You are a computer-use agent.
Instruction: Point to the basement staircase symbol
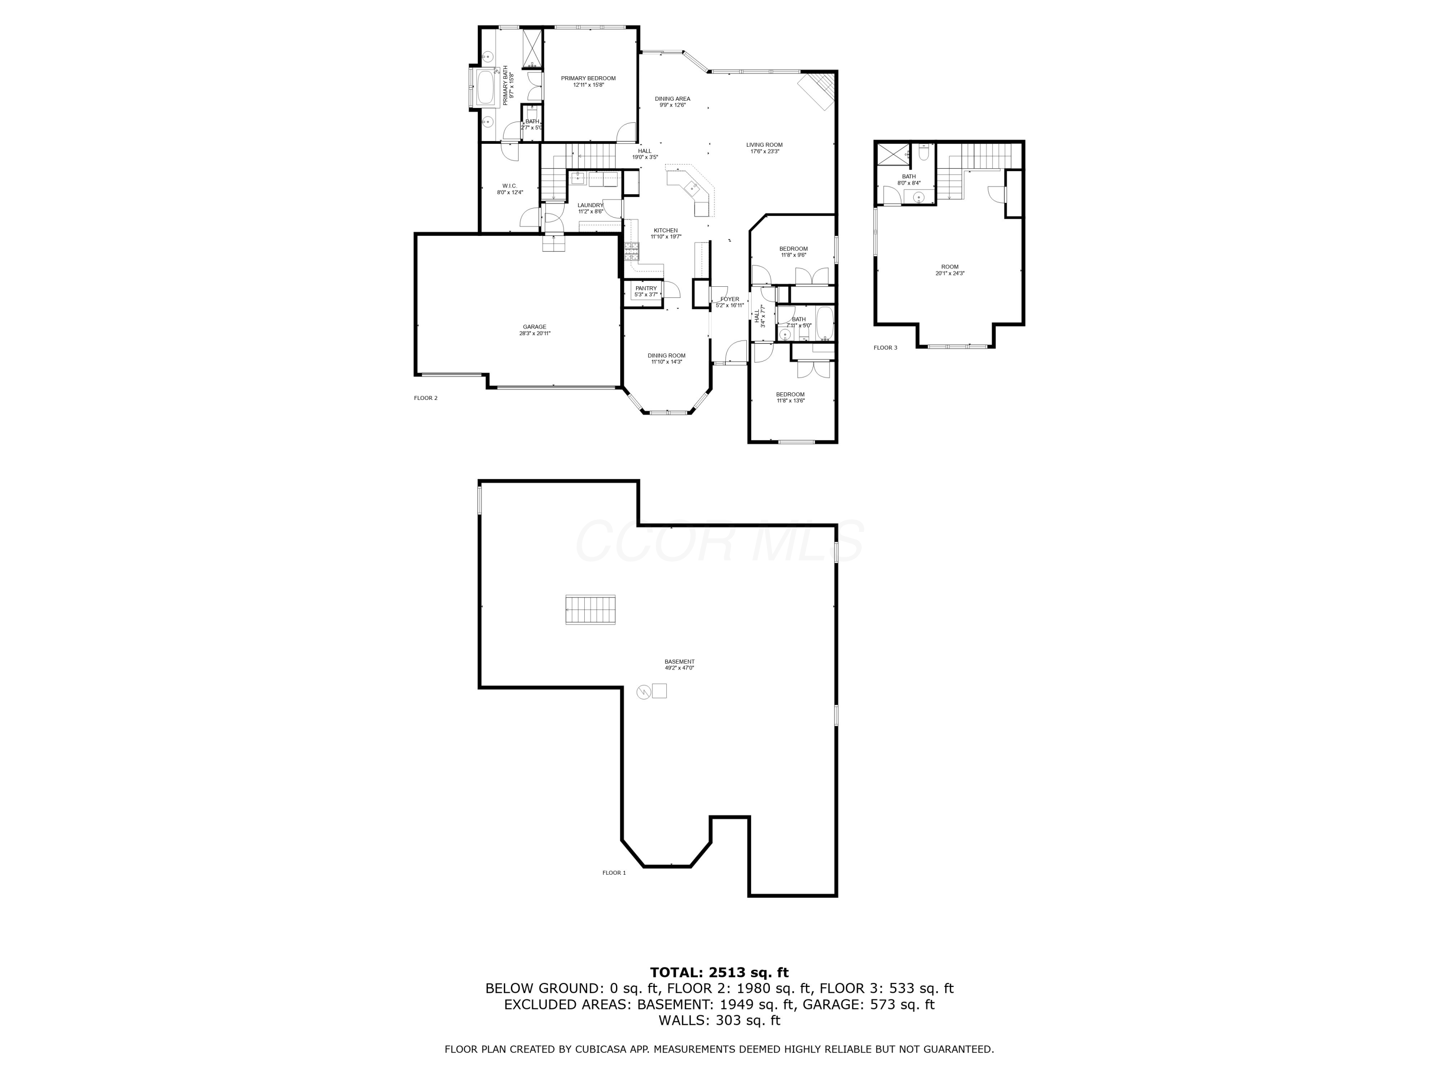click(x=590, y=610)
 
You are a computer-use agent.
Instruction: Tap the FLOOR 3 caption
click(x=885, y=348)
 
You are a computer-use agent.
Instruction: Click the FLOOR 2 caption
click(x=425, y=398)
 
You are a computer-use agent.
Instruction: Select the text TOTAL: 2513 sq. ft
click(x=719, y=973)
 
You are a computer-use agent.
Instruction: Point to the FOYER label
click(x=729, y=299)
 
